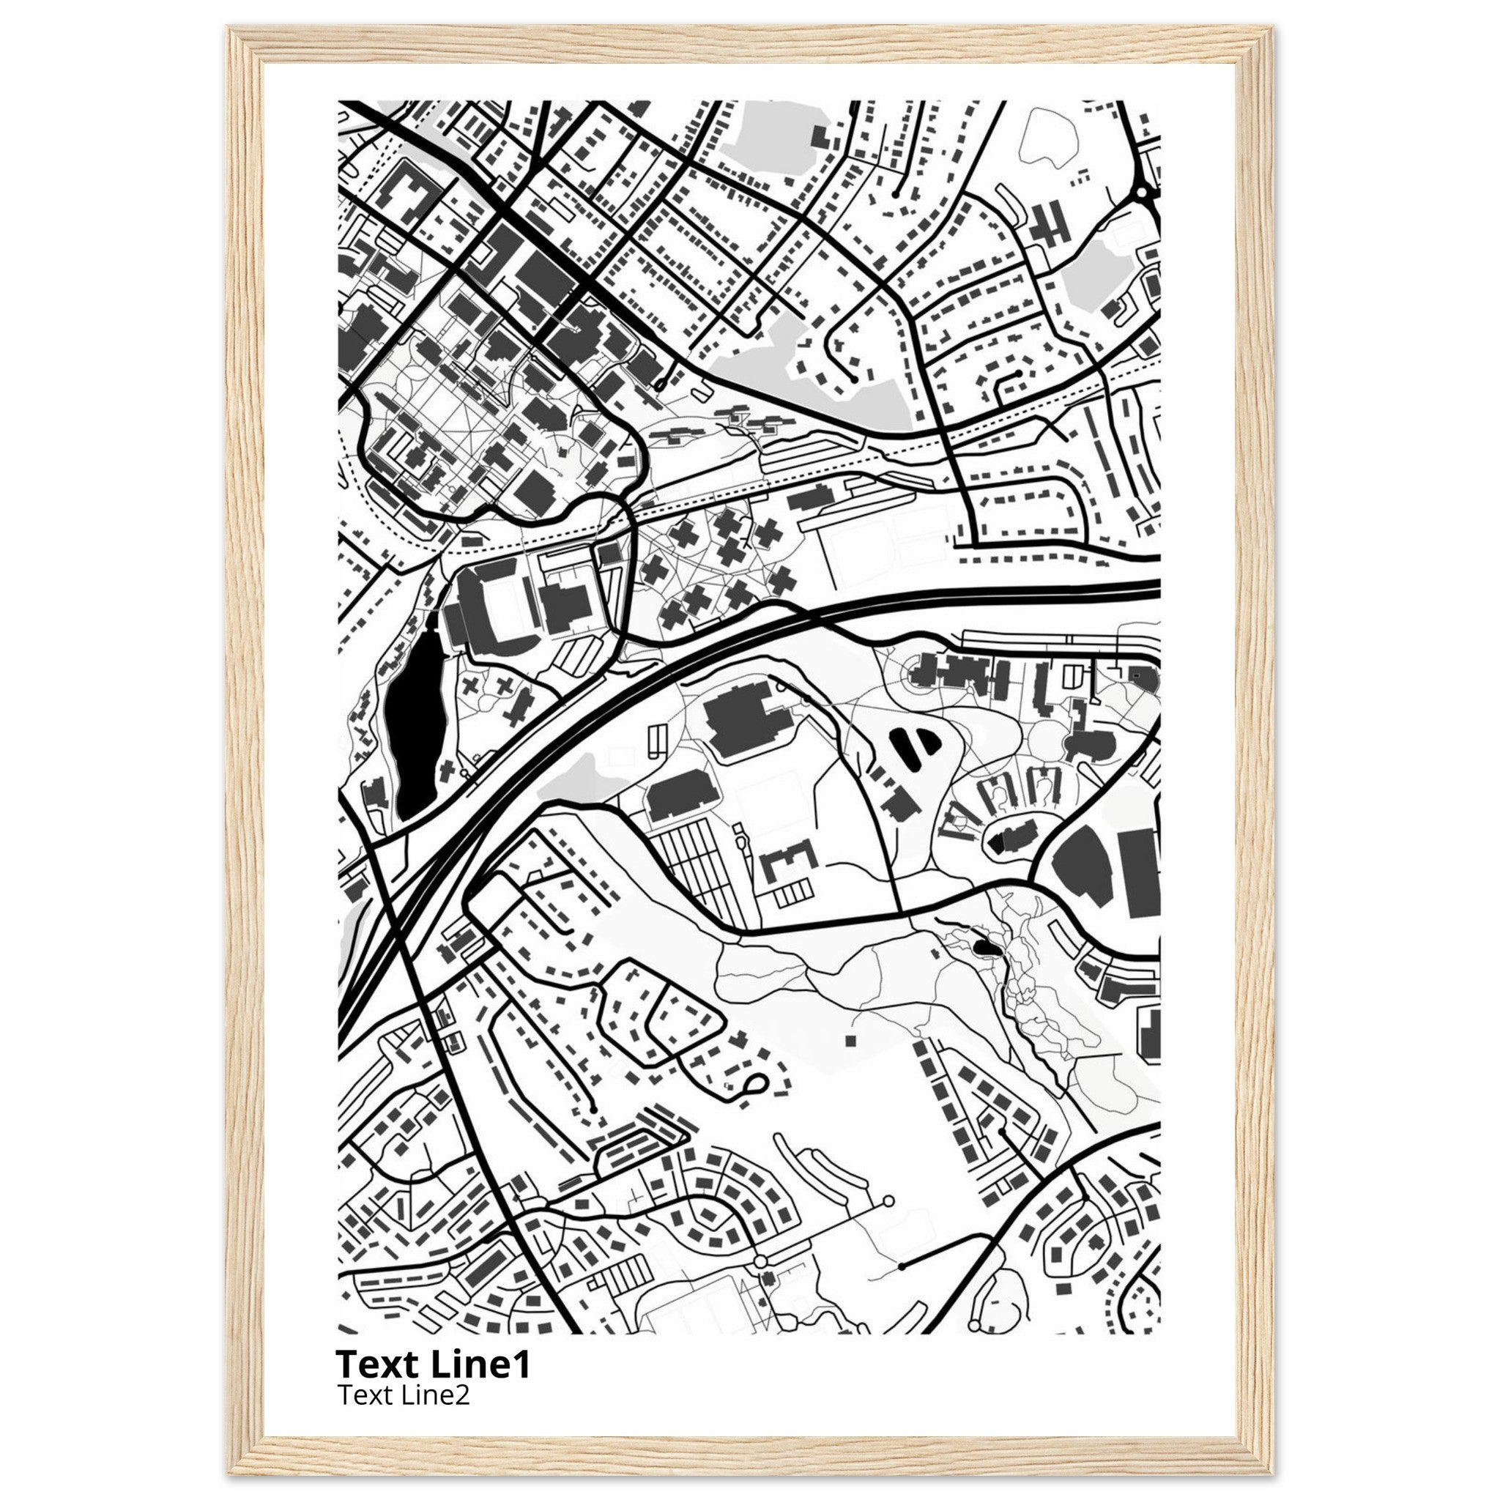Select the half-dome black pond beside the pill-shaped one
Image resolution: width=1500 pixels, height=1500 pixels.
[929, 742]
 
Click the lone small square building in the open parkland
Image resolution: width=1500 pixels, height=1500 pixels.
[850, 1039]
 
